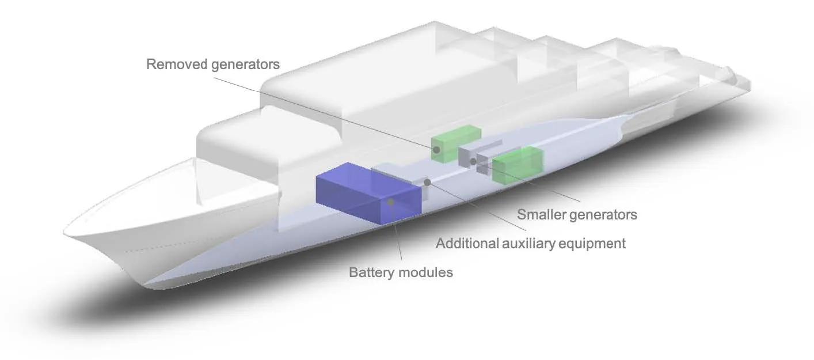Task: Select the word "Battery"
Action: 371,272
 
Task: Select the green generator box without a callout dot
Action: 518,164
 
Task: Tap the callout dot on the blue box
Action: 391,202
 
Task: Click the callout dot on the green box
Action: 437,150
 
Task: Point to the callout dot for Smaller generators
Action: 473,161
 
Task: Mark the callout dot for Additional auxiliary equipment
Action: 427,182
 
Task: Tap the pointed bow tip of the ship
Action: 65,233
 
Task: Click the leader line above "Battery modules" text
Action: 397,236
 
